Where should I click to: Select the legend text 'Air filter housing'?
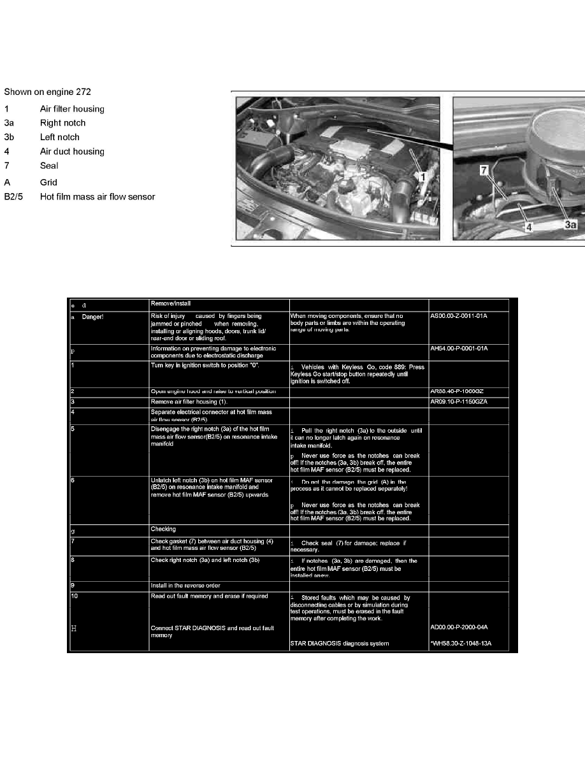click(72, 109)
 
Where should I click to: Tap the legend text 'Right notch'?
click(62, 123)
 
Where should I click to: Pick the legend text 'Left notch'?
click(60, 137)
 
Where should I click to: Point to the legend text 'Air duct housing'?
click(72, 152)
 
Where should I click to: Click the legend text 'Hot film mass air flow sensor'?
click(97, 196)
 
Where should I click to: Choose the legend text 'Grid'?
click(48, 182)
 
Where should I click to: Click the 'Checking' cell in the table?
click(162, 529)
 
